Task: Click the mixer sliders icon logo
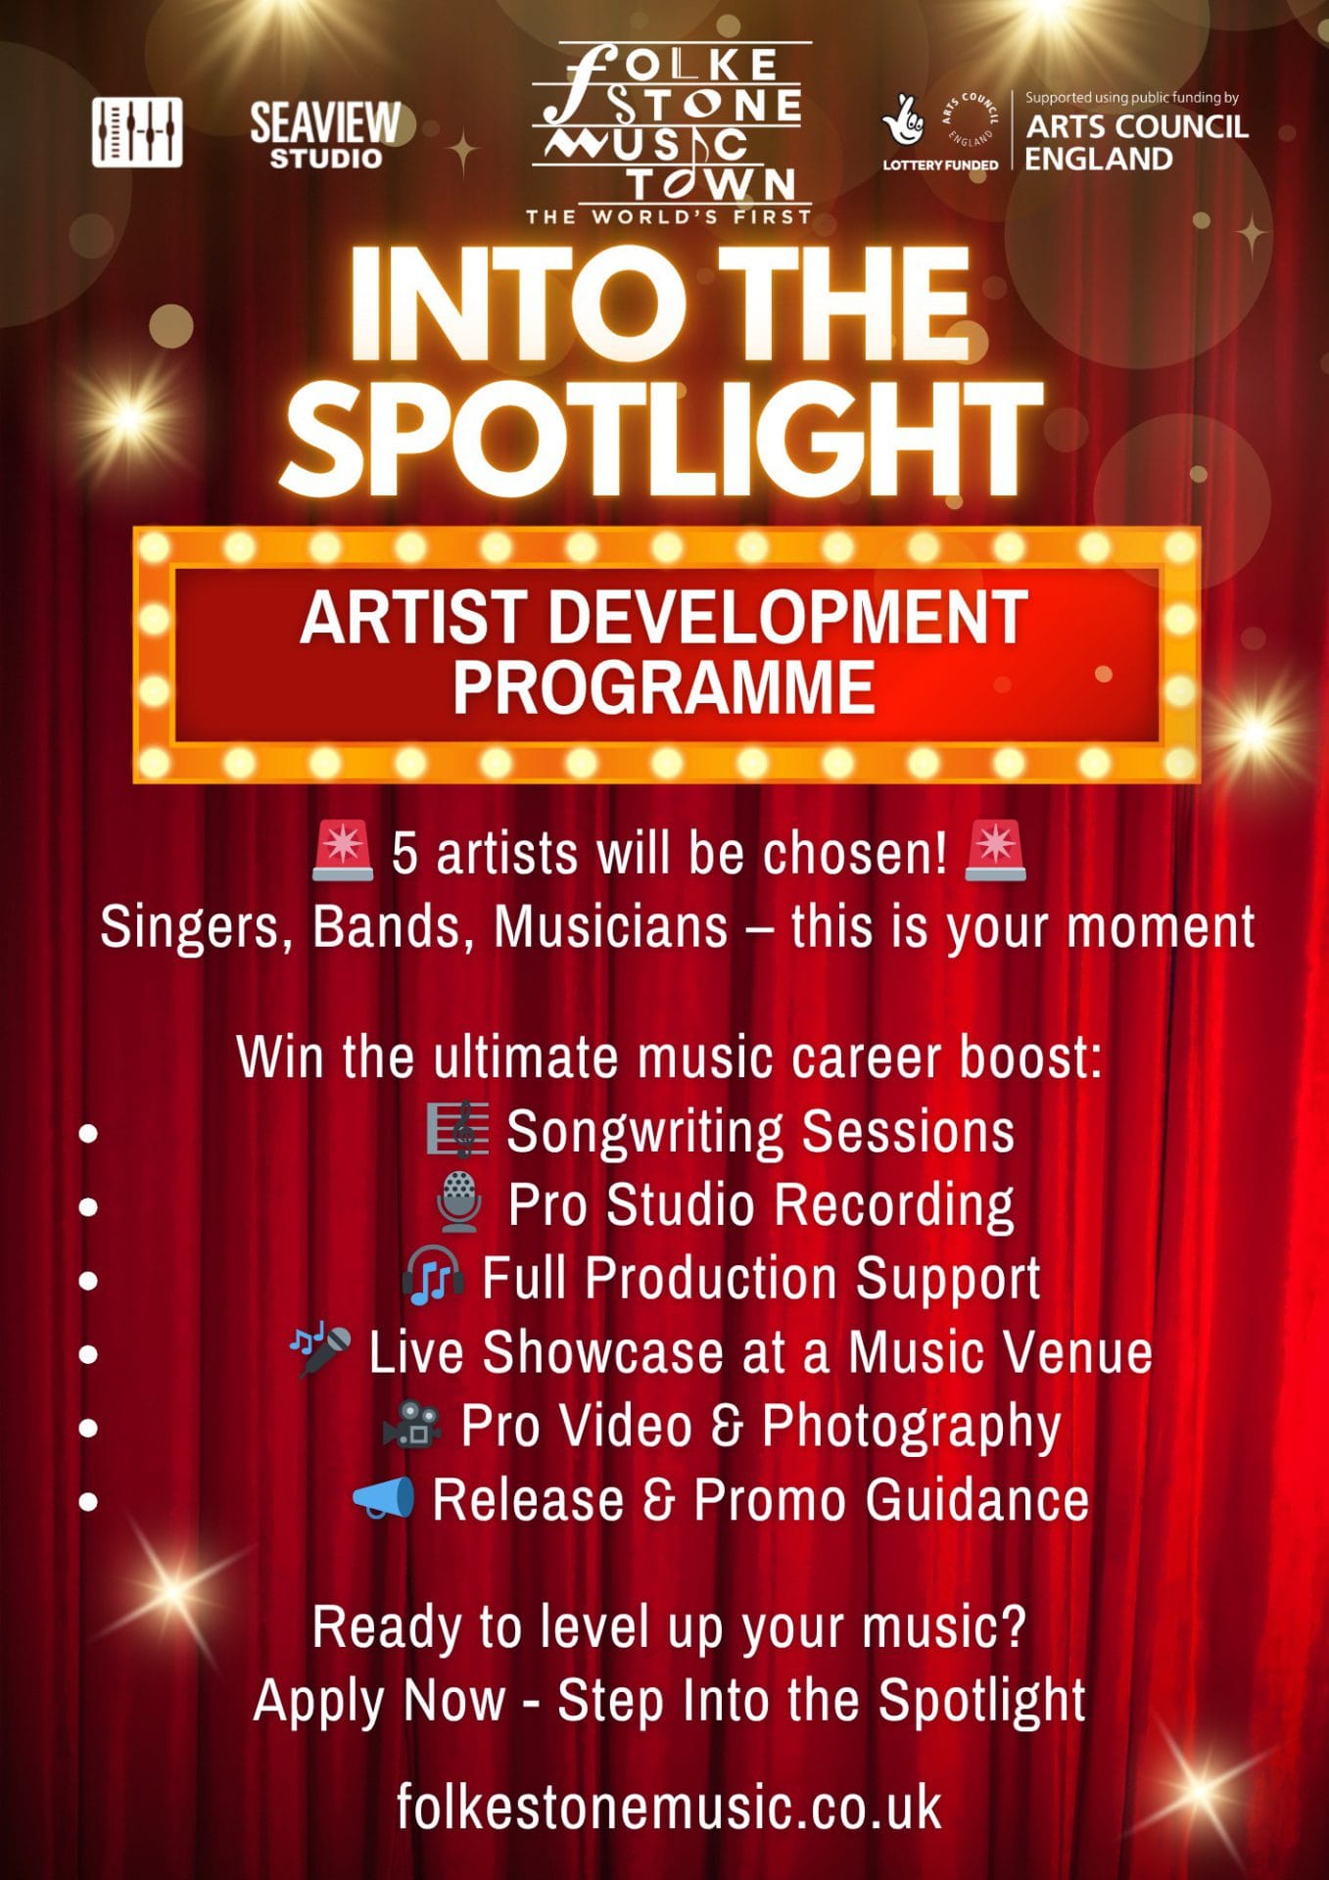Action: click(x=137, y=131)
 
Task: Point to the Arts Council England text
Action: click(x=1136, y=142)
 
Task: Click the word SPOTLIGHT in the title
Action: click(x=662, y=437)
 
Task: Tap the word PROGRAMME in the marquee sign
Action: click(x=663, y=687)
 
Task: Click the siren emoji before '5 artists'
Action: click(x=343, y=850)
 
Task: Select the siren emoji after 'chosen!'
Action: click(x=995, y=850)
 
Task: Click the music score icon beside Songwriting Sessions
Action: click(x=457, y=1130)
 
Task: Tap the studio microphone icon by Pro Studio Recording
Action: click(x=458, y=1203)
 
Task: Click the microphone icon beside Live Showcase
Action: click(x=320, y=1350)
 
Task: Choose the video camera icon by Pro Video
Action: click(x=411, y=1424)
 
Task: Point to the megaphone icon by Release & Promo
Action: click(x=384, y=1498)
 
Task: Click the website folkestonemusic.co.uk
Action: click(x=669, y=1807)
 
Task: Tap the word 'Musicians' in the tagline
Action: click(x=611, y=926)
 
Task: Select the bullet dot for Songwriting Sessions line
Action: click(x=88, y=1133)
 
